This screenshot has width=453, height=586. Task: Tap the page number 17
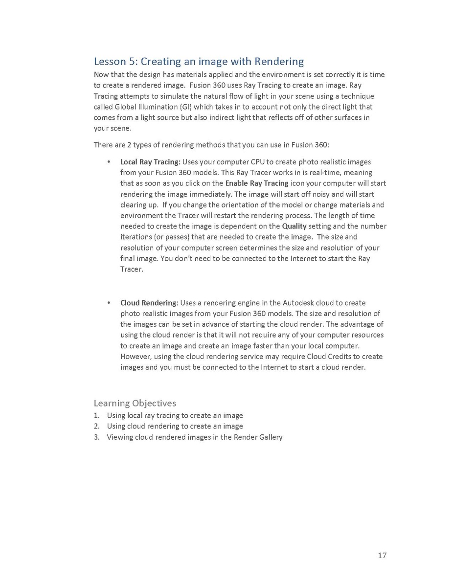click(382, 555)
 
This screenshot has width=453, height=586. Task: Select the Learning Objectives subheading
click(135, 403)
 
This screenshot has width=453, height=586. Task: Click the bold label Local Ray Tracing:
click(151, 162)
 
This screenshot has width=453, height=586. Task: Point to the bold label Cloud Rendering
click(149, 303)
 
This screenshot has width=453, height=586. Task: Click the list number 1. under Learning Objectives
click(97, 415)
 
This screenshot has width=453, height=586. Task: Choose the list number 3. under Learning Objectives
click(97, 437)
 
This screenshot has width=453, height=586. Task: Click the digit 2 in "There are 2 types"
click(124, 145)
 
